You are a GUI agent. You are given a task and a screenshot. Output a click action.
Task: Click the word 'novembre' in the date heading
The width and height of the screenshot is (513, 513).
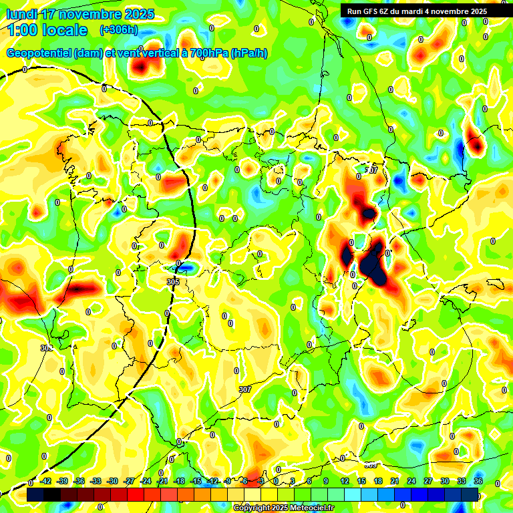click(95, 14)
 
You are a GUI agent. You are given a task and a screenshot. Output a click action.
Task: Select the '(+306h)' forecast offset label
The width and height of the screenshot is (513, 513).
click(118, 30)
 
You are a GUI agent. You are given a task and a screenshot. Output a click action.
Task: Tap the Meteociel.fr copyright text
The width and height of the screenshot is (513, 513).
click(283, 508)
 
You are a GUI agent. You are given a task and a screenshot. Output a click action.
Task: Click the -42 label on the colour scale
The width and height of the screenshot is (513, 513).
click(45, 481)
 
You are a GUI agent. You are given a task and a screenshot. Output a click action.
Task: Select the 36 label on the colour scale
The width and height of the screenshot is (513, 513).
click(478, 481)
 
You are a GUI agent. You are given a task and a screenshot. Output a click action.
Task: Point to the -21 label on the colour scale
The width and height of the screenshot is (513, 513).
click(162, 481)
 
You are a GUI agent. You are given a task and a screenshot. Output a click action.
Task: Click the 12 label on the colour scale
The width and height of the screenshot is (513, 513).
click(345, 481)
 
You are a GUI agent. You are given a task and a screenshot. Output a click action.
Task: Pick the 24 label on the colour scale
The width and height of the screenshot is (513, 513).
click(411, 481)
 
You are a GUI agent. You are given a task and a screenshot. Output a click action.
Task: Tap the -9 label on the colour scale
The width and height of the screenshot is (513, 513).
click(228, 481)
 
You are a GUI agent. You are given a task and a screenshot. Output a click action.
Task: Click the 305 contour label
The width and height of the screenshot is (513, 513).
click(173, 283)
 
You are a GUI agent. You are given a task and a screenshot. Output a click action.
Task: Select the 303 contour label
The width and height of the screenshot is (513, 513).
click(46, 348)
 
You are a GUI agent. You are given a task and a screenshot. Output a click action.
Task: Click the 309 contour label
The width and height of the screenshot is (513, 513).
click(371, 464)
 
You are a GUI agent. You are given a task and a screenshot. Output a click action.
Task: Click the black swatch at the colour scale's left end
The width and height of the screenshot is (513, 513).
click(35, 494)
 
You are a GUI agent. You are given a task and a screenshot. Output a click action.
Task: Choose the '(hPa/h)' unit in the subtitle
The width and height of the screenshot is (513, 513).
click(249, 53)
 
